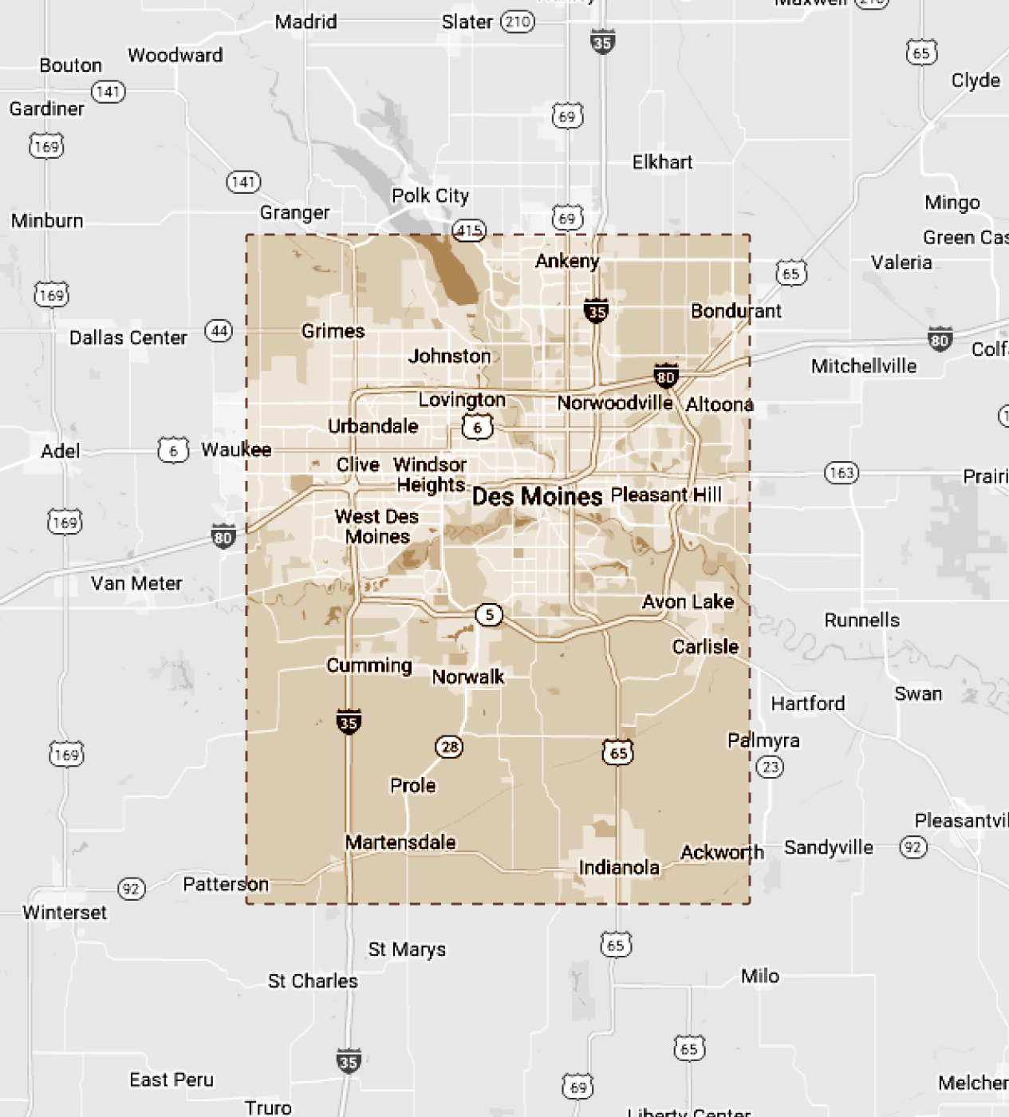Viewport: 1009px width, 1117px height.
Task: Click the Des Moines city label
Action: point(537,496)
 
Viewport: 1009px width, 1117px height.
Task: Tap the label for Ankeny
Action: point(566,261)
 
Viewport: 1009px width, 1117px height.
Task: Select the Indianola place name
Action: point(619,867)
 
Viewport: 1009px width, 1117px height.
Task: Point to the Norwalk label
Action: point(467,677)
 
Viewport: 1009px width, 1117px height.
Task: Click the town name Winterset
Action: point(65,912)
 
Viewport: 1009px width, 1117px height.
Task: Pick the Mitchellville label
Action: point(864,366)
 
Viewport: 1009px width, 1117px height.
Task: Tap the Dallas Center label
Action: point(128,337)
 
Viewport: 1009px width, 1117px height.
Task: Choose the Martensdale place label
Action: point(400,842)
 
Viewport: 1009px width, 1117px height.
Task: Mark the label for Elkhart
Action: point(662,162)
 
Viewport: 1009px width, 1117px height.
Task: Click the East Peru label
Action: point(171,1080)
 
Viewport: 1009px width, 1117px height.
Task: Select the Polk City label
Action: point(430,195)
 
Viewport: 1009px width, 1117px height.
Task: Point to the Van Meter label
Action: point(136,583)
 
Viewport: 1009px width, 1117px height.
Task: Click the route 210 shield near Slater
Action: point(517,22)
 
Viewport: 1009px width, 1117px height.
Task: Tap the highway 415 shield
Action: point(469,231)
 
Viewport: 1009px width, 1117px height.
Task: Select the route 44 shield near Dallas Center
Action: point(219,330)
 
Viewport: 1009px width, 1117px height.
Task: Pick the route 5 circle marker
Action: point(489,614)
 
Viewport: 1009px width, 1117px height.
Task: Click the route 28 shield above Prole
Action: point(450,747)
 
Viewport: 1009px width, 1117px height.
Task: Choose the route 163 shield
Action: point(841,472)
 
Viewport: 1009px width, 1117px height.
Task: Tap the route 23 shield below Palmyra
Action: point(770,767)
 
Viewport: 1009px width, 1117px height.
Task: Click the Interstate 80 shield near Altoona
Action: point(665,376)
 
